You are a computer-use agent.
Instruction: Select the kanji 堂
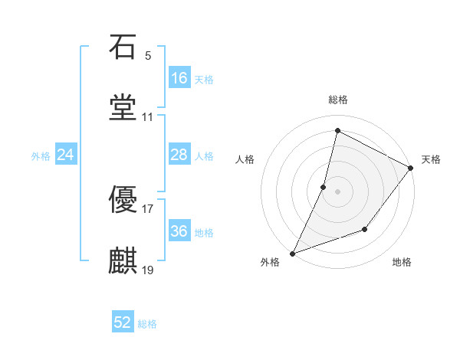(x=123, y=108)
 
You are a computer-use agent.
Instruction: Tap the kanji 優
(x=123, y=201)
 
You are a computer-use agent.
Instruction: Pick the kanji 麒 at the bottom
(x=123, y=261)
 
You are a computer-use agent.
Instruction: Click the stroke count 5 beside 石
(x=147, y=56)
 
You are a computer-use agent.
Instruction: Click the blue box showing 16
(x=179, y=78)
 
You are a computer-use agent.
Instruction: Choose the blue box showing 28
(x=179, y=155)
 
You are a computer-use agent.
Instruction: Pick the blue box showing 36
(x=179, y=231)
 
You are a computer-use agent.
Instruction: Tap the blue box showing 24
(x=66, y=155)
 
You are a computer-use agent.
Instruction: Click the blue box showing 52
(x=123, y=323)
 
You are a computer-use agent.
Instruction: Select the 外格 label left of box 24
(x=41, y=155)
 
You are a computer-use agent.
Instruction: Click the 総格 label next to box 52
(x=147, y=324)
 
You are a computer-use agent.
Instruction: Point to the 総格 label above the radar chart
(x=338, y=100)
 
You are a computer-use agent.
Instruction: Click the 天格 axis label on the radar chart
(x=431, y=159)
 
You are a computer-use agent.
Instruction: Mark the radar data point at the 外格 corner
(x=292, y=253)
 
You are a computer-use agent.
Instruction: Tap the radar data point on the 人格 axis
(x=324, y=186)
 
